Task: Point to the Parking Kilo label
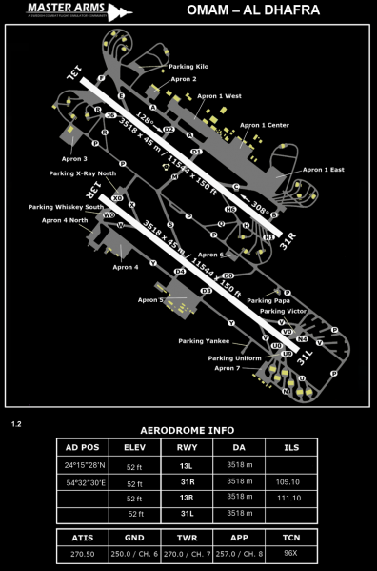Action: pyautogui.click(x=188, y=67)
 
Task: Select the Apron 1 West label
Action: pyautogui.click(x=218, y=96)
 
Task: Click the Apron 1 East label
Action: pyautogui.click(x=323, y=170)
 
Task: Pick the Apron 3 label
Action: pyautogui.click(x=74, y=158)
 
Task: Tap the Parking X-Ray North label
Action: pyautogui.click(x=83, y=173)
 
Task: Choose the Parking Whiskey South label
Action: pyautogui.click(x=66, y=207)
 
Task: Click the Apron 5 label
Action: pyautogui.click(x=150, y=300)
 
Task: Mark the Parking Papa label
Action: pyautogui.click(x=268, y=300)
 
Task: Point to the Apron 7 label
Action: pyautogui.click(x=228, y=368)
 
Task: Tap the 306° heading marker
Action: pyautogui.click(x=260, y=202)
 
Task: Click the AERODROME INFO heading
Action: pyautogui.click(x=188, y=429)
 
